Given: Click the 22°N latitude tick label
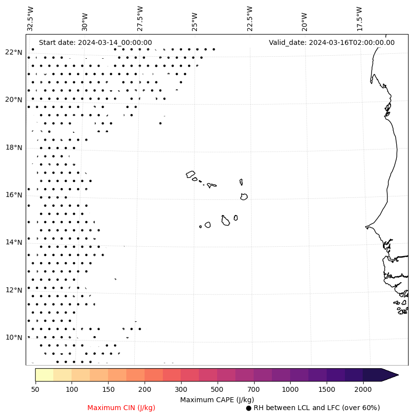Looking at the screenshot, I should click(13, 52).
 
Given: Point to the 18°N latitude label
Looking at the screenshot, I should click(13, 148).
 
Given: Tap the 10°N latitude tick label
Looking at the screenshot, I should click(13, 338).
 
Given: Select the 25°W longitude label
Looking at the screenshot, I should click(195, 18).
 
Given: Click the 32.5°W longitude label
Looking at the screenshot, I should click(31, 18).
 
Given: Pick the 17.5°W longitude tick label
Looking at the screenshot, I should click(359, 18).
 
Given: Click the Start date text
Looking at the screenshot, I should click(95, 42).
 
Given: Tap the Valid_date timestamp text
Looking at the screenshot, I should click(332, 42).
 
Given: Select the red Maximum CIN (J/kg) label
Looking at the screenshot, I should click(121, 408).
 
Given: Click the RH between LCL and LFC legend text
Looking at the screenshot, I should click(316, 408).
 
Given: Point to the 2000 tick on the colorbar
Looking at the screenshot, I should click(363, 390).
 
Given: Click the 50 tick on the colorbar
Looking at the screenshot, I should click(35, 390).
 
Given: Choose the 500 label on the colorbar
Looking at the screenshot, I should click(217, 390).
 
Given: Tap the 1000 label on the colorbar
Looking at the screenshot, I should click(290, 390).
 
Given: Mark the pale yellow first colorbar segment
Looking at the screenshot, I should click(44, 375).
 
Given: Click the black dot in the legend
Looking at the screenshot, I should click(249, 408).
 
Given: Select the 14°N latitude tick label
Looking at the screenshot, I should click(13, 242).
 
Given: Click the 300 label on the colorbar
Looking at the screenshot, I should click(181, 390).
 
